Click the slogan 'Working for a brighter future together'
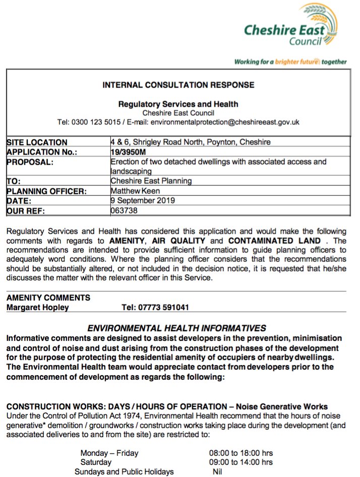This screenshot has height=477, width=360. pyautogui.click(x=290, y=62)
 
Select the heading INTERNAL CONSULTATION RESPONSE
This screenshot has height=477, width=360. pyautogui.click(x=178, y=85)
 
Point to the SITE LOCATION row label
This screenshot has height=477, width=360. pyautogui.click(x=37, y=142)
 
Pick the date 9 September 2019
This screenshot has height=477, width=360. pyautogui.click(x=143, y=200)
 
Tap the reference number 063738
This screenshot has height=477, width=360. pyautogui.click(x=124, y=210)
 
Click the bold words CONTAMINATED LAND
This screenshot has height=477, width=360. pyautogui.click(x=274, y=241)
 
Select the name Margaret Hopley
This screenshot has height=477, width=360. pyautogui.click(x=38, y=307)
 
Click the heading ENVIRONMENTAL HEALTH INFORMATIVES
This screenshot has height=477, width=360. pyautogui.click(x=176, y=328)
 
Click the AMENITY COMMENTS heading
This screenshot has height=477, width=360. pyautogui.click(x=48, y=297)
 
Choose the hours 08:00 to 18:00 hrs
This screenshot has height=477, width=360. pyautogui.click(x=241, y=453)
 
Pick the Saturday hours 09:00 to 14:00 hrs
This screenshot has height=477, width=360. pyautogui.click(x=241, y=462)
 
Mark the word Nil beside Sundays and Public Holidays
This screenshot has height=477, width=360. pyautogui.click(x=218, y=471)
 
